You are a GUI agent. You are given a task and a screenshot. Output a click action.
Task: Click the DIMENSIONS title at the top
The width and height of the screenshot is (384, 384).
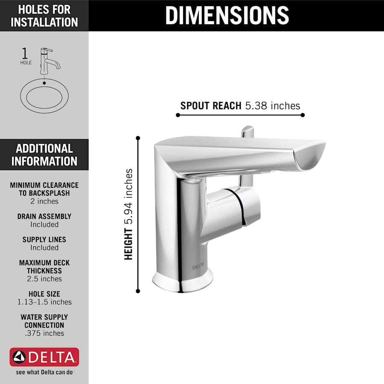pos(227,15)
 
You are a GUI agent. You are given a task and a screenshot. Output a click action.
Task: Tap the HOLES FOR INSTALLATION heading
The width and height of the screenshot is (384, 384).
pos(44,15)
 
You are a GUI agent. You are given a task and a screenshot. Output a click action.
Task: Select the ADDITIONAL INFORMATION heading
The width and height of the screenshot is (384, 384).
pos(44,154)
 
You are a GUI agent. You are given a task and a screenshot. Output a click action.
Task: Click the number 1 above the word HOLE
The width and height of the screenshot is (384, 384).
pos(25,54)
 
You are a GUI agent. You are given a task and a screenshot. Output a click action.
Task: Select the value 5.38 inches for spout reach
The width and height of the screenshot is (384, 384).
pos(273,105)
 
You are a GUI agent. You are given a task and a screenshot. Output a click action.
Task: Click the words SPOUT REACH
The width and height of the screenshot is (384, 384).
pos(211,105)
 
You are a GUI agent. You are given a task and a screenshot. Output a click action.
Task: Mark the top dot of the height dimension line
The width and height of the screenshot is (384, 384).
pos(138,138)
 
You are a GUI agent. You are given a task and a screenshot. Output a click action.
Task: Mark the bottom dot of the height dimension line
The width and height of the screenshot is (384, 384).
pos(138,291)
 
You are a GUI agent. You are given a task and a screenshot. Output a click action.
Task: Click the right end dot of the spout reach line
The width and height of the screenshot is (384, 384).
pos(303,115)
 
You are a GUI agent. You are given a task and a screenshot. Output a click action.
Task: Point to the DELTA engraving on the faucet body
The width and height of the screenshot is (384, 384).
pos(198,267)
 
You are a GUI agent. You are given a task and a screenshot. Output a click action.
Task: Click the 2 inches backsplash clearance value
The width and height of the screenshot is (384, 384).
pos(44,201)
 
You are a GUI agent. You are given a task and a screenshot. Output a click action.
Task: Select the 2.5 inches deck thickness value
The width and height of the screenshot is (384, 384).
pos(44,279)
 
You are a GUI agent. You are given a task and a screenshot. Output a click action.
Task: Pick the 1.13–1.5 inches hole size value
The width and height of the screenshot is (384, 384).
pos(44,302)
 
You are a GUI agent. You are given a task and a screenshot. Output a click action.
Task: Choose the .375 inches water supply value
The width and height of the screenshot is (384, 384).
pos(44,333)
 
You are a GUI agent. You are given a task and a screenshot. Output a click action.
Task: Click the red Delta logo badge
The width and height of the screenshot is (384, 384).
pos(44,357)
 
